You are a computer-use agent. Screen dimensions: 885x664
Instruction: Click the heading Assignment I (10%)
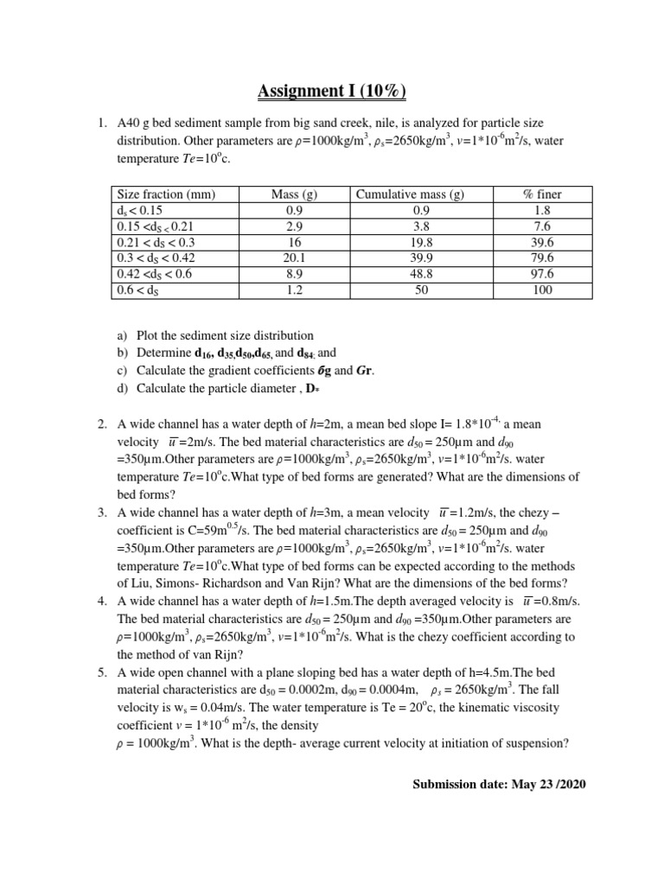332,91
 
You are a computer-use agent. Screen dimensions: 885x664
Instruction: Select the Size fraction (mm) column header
165,194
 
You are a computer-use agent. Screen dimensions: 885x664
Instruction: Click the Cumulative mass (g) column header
410,194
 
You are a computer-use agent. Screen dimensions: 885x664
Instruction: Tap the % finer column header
543,194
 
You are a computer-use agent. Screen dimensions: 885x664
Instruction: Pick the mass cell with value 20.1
294,258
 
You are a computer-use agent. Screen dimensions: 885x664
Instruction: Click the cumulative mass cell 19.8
410,242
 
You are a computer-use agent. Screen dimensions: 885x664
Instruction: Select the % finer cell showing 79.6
543,258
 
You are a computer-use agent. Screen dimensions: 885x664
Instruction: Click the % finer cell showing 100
543,290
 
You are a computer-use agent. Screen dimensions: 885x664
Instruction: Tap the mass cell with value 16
294,242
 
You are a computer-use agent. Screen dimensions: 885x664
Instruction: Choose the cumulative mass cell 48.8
410,274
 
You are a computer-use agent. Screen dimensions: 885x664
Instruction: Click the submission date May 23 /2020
499,784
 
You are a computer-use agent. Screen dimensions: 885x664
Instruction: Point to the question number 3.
101,513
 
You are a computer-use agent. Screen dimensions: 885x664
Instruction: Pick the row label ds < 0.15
139,210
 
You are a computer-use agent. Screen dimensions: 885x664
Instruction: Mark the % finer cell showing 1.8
543,210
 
